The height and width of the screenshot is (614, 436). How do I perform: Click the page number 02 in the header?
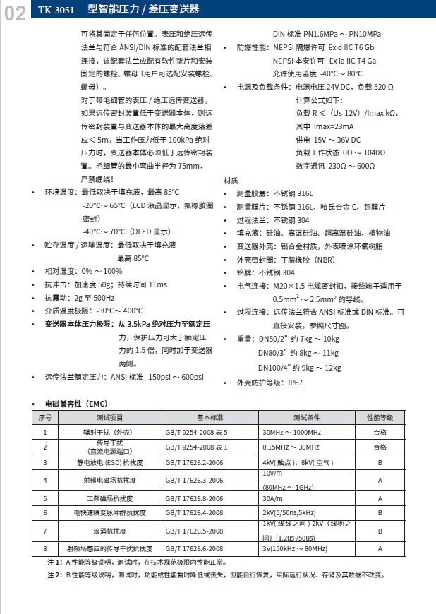click(x=16, y=13)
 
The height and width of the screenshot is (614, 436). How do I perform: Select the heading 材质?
click(x=231, y=180)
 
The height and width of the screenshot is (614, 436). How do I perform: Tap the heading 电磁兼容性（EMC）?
click(x=75, y=404)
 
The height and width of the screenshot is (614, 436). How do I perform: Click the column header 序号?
click(x=45, y=417)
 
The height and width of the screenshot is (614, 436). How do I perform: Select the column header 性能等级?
click(x=380, y=417)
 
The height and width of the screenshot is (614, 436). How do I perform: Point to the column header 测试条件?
click(x=307, y=417)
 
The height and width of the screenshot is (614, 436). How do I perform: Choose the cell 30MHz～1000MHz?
click(x=291, y=432)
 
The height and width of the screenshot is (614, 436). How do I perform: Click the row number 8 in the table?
click(x=45, y=548)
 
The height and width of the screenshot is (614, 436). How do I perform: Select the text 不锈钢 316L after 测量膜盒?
click(x=291, y=193)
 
